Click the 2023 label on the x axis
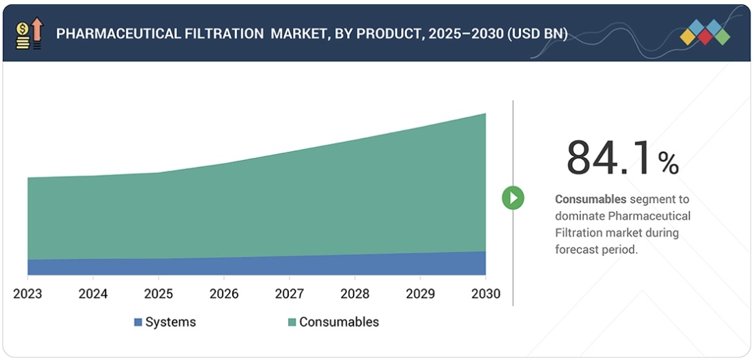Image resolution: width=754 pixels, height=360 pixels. tap(28, 294)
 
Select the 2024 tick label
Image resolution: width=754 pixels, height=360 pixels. tap(93, 294)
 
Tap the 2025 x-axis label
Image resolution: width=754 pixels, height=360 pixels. tap(159, 294)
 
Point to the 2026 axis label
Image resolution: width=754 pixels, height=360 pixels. tap(224, 294)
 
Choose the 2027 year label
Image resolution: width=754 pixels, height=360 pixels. tap(289, 294)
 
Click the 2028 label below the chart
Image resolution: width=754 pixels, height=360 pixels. tap(355, 294)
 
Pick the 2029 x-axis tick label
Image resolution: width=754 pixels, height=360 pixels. tap(420, 294)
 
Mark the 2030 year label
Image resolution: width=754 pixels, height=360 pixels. tap(486, 294)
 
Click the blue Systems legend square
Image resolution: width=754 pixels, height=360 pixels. tap(138, 322)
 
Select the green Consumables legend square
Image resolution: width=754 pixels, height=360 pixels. tap(292, 322)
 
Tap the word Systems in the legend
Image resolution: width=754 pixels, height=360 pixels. tap(171, 322)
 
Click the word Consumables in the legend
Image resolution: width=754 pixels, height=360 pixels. tap(339, 322)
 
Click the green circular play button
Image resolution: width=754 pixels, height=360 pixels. tap(513, 198)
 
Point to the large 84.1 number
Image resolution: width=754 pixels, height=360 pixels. tap(608, 159)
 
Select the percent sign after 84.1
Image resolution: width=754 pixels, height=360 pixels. tap(668, 163)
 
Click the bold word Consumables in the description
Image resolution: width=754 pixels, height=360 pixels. tap(591, 199)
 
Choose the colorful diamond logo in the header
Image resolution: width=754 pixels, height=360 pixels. tap(704, 32)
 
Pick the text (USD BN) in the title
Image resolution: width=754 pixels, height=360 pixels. tap(537, 34)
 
